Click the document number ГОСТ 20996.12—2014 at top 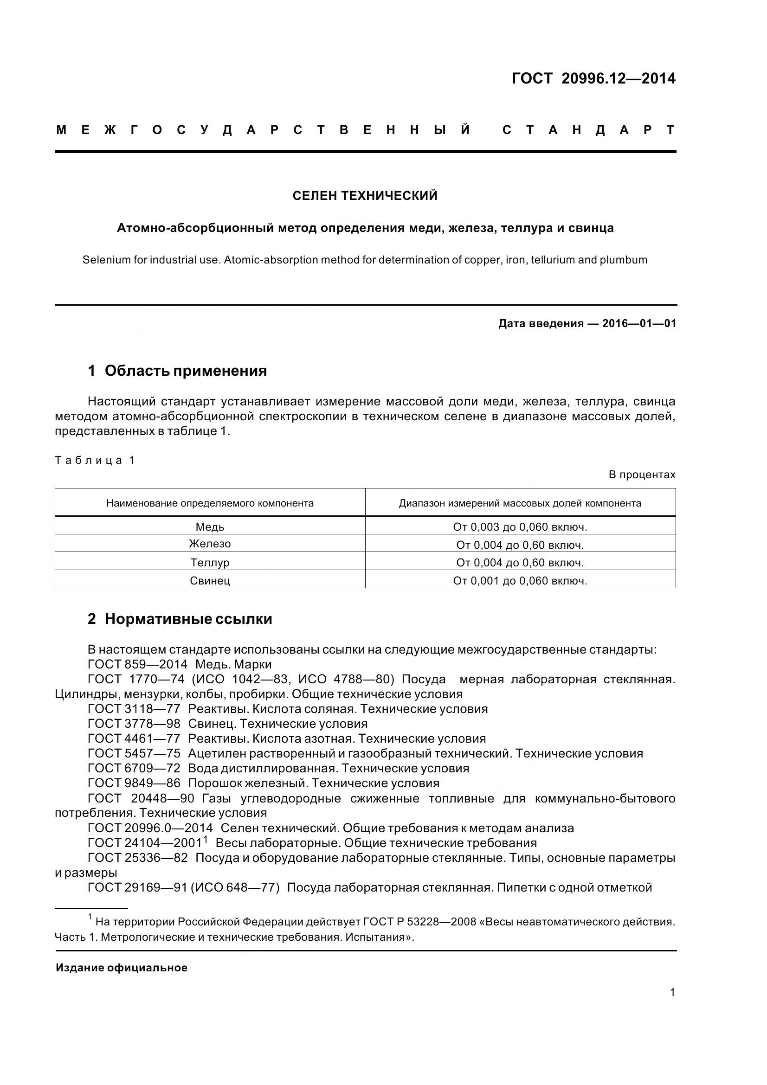tap(593, 78)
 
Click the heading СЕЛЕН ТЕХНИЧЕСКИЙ tap(365, 196)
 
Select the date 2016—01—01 tap(639, 324)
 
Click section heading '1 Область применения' tap(177, 371)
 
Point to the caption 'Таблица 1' tap(95, 460)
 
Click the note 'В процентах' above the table tap(642, 475)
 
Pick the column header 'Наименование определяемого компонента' tap(210, 503)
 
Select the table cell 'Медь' tap(210, 527)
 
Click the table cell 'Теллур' tap(210, 563)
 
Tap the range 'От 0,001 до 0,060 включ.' tap(520, 581)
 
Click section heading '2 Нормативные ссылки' tap(180, 619)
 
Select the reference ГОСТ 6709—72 tap(134, 768)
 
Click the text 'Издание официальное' tap(122, 968)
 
